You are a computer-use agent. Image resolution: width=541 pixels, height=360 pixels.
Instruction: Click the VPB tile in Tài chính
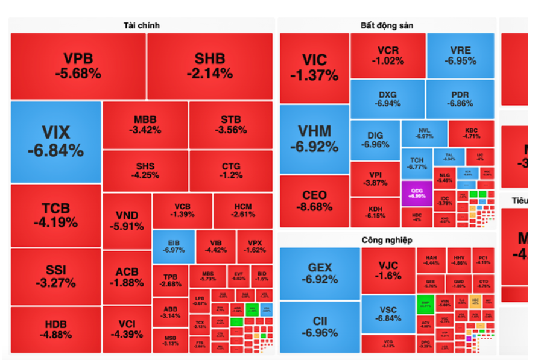pyautogui.click(x=78, y=66)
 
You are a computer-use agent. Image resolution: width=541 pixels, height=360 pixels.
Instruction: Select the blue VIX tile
pyautogui.click(x=55, y=142)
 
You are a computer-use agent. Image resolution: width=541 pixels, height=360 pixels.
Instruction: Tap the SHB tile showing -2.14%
pyautogui.click(x=209, y=66)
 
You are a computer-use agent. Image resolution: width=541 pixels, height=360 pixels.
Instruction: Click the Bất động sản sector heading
pyautogui.click(x=387, y=25)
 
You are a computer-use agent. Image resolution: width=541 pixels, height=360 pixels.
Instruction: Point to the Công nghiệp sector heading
pyautogui.click(x=387, y=240)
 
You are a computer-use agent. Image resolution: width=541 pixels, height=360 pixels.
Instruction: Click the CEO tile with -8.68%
pyautogui.click(x=314, y=201)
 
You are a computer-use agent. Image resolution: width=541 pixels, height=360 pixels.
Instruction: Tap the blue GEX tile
pyautogui.click(x=319, y=273)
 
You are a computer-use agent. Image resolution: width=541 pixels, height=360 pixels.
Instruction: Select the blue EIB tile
pyautogui.click(x=174, y=246)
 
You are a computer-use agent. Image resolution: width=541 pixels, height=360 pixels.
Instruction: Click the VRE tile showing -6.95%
pyautogui.click(x=460, y=55)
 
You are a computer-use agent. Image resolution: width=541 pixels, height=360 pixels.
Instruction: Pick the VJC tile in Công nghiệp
pyautogui.click(x=389, y=270)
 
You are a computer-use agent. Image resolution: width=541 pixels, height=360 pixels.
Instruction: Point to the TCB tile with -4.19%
pyautogui.click(x=55, y=215)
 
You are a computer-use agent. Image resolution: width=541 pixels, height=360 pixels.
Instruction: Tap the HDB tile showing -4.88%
pyautogui.click(x=55, y=330)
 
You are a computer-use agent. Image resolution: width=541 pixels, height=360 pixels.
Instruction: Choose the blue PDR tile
pyautogui.click(x=460, y=99)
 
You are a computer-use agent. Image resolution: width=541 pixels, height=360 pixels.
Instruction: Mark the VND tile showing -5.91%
pyautogui.click(x=127, y=221)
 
